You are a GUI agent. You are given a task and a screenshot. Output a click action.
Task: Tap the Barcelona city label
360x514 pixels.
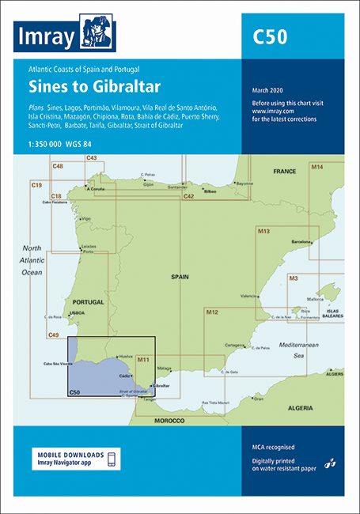303,240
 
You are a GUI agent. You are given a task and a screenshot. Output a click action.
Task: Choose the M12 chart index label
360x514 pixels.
212,313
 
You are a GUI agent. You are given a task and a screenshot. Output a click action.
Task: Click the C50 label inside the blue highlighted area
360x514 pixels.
75,391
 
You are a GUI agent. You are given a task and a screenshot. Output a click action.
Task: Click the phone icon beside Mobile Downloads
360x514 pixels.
111,459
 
